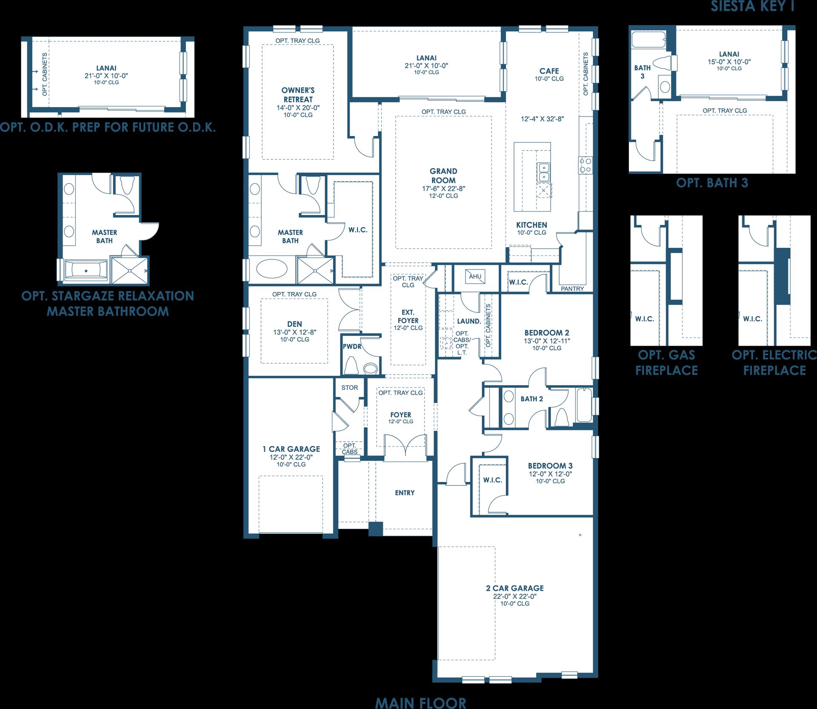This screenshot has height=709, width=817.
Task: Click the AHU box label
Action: [x=475, y=276]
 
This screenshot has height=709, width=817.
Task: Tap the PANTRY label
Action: [x=572, y=289]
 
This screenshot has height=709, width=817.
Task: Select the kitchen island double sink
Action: [x=543, y=172]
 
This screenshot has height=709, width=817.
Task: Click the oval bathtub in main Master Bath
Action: [x=272, y=269]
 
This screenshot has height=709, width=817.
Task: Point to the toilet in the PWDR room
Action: [x=351, y=365]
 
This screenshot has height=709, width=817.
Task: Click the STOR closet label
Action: [x=349, y=388]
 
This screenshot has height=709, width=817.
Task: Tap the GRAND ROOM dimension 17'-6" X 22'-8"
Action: [x=443, y=188]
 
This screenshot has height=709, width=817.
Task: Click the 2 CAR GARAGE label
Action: [x=515, y=588]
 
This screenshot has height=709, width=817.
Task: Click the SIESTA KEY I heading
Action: [x=752, y=6]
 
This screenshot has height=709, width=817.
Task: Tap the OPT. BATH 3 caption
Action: [x=712, y=183]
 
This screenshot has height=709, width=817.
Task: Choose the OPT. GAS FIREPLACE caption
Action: [x=666, y=363]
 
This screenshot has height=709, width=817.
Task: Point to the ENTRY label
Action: [x=405, y=493]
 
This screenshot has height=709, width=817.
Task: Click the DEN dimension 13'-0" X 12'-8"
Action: [x=294, y=332]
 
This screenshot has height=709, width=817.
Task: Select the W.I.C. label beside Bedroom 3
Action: [x=493, y=480]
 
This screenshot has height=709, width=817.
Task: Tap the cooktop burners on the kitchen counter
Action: [x=585, y=165]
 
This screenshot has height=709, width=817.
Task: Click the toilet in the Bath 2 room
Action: [x=561, y=417]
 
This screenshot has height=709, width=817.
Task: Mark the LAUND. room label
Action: [x=469, y=321]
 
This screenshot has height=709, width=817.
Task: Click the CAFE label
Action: [x=549, y=71]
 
